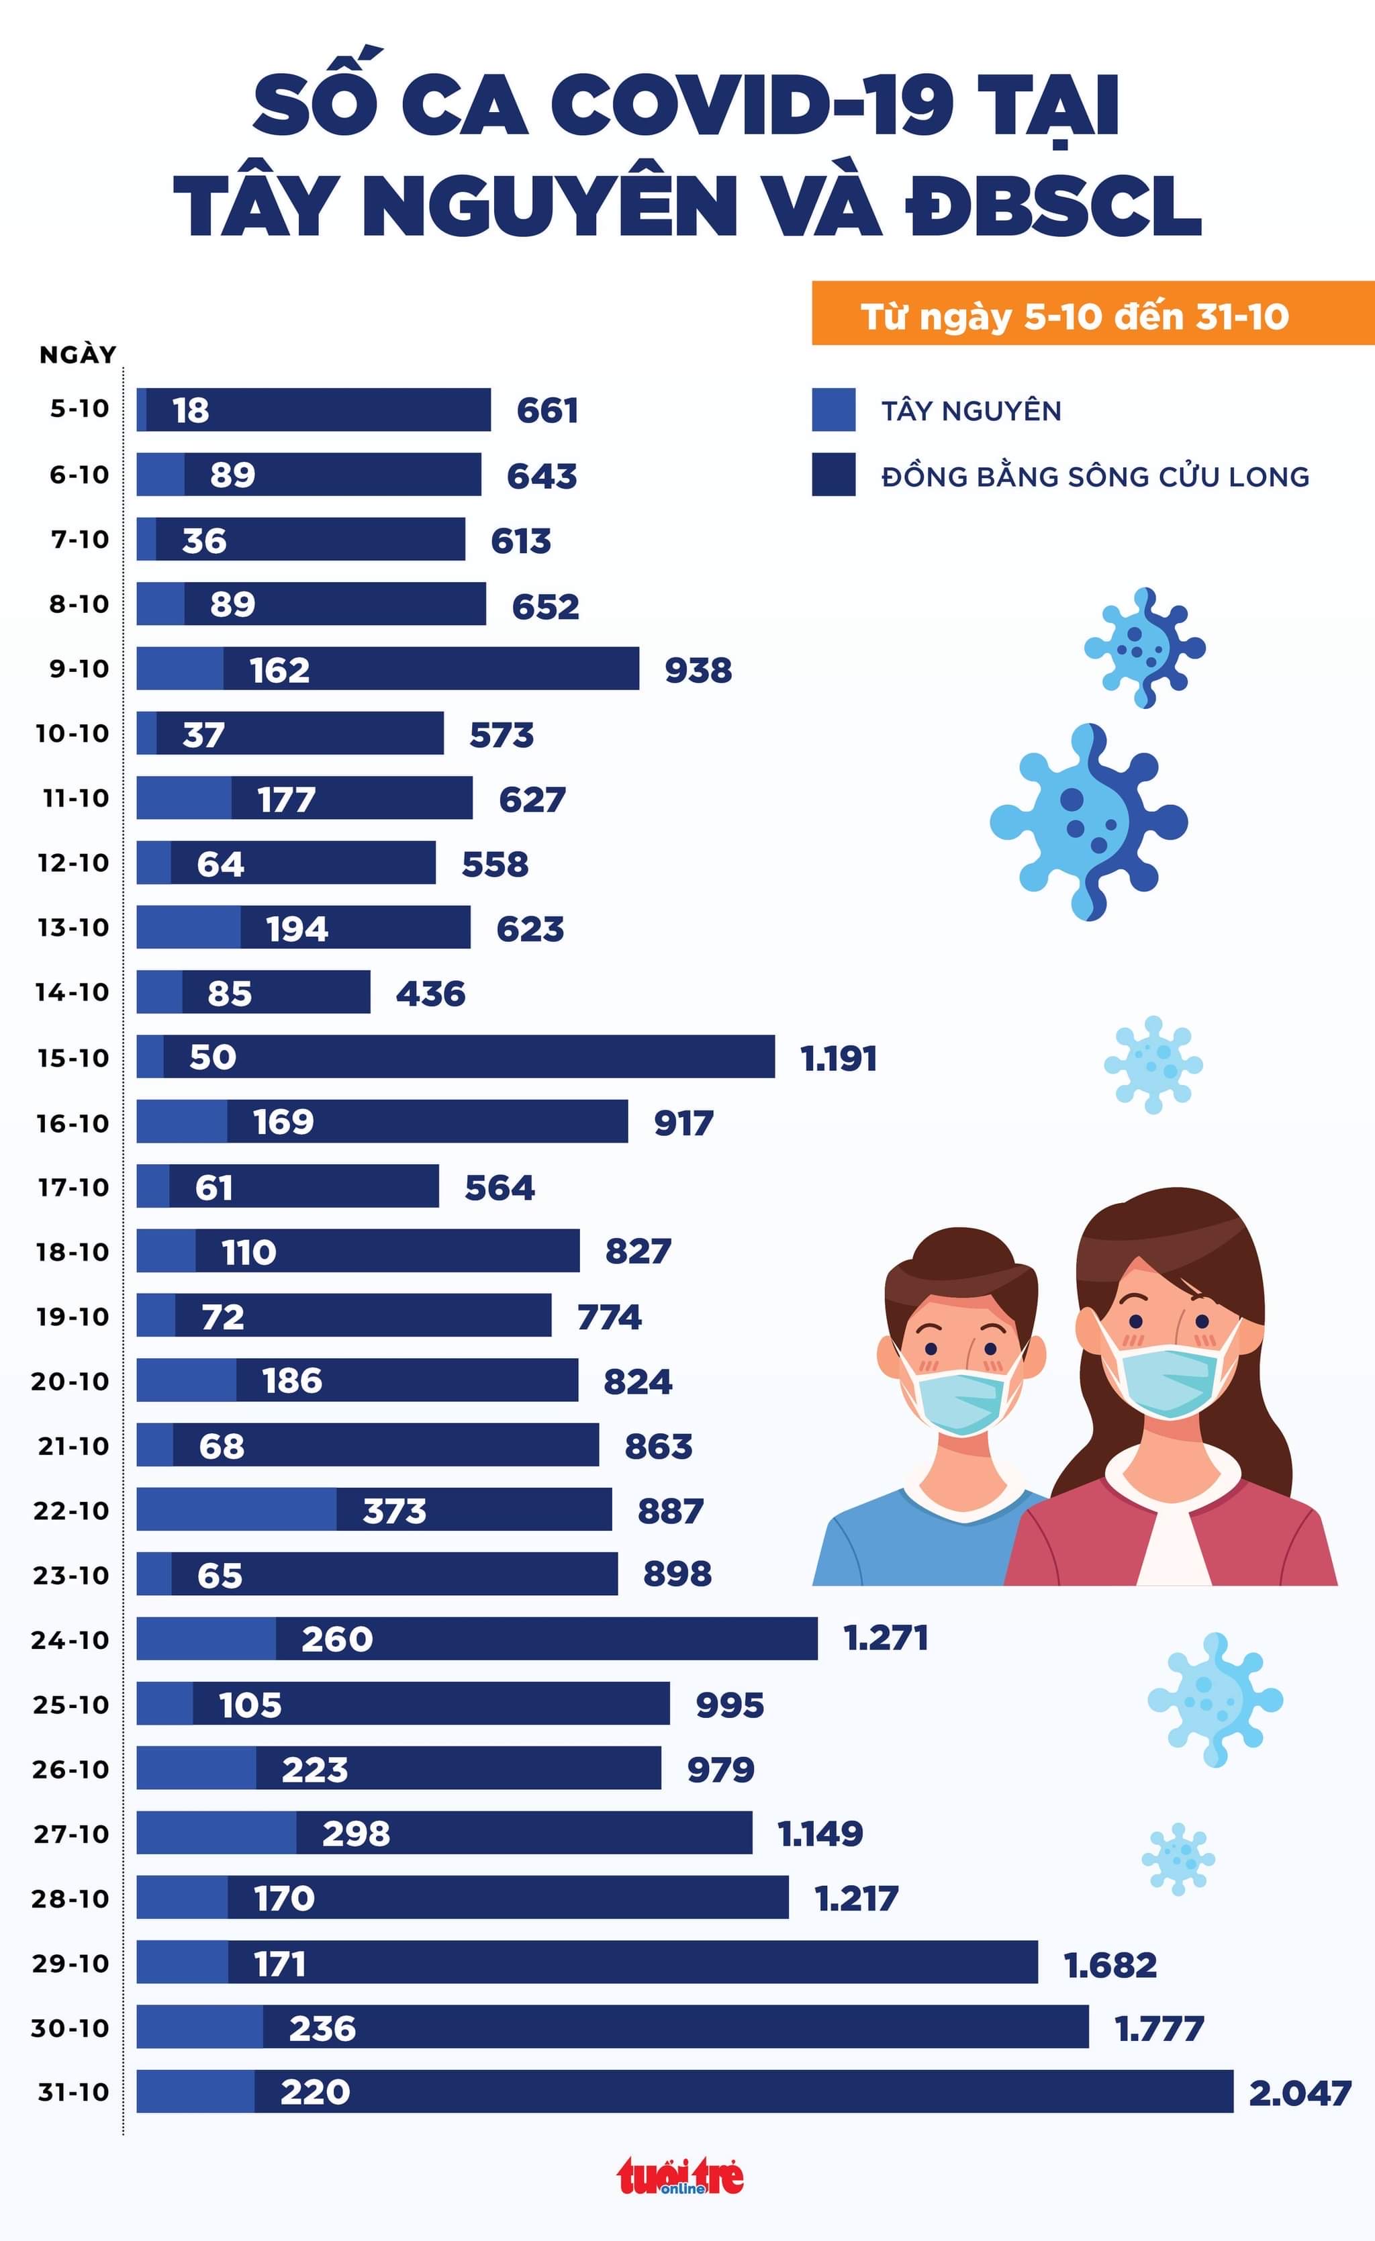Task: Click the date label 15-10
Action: (x=73, y=1058)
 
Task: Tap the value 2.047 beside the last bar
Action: (x=1300, y=2093)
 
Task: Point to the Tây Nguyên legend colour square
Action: (x=833, y=410)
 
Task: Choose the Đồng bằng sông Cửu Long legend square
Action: (x=833, y=475)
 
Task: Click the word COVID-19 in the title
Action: (x=752, y=107)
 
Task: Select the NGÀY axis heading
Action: (x=78, y=354)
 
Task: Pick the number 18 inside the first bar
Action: (x=191, y=410)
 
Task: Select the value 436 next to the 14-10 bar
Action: (x=430, y=993)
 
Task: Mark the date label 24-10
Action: (x=70, y=1640)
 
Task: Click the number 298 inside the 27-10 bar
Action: (x=356, y=1833)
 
